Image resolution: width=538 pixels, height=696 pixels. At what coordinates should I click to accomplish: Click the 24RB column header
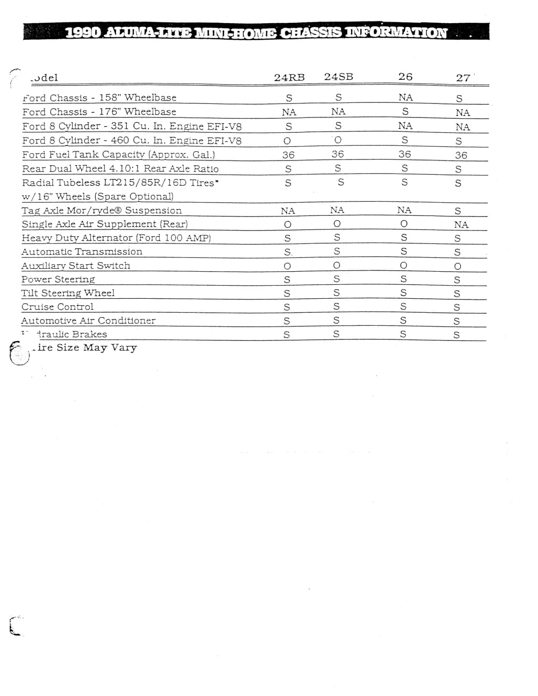(289, 77)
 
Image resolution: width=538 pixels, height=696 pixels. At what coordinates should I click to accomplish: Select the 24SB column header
(338, 77)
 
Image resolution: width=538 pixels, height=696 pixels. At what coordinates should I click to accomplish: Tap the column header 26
(405, 77)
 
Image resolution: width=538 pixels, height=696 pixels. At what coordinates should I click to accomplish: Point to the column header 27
(463, 78)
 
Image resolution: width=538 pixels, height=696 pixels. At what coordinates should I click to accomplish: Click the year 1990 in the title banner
(83, 33)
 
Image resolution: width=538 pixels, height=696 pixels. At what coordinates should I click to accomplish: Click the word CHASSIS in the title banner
(311, 33)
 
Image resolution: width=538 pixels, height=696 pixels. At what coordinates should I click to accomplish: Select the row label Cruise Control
(58, 307)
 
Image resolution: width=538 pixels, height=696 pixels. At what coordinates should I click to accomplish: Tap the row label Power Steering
(58, 279)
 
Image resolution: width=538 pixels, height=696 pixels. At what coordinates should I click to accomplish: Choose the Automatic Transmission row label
(82, 252)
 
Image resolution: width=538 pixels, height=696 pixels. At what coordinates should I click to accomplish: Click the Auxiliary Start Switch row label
(75, 266)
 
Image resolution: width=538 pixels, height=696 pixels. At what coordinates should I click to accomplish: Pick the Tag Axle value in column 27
(458, 211)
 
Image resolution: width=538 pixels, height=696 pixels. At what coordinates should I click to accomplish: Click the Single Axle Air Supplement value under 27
(461, 225)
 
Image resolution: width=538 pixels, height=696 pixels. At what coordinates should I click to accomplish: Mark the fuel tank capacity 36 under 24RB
(288, 155)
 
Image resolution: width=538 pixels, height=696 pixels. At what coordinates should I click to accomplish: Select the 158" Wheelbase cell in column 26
(405, 98)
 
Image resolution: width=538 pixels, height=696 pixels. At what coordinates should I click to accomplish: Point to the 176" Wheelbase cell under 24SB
(338, 112)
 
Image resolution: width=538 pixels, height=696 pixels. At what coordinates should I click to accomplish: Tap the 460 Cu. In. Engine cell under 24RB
(287, 141)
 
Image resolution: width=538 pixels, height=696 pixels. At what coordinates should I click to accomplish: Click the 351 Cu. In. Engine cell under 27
(462, 127)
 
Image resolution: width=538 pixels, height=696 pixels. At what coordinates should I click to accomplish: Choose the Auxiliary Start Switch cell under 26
(404, 265)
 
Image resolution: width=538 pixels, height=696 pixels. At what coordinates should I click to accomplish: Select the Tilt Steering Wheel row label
(68, 293)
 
